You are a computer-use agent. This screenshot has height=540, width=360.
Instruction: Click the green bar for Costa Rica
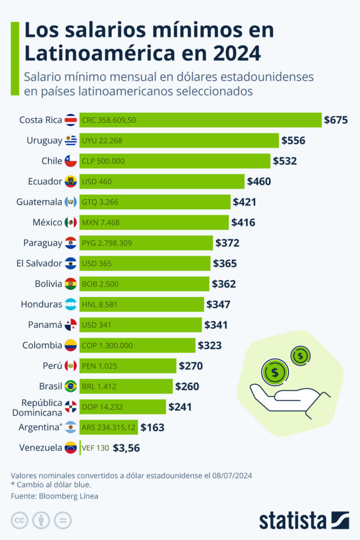(200, 120)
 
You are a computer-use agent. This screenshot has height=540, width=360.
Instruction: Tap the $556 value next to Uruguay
(293, 140)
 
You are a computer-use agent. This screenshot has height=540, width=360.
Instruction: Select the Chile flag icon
(71, 161)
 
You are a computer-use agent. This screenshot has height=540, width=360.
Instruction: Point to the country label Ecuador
(45, 181)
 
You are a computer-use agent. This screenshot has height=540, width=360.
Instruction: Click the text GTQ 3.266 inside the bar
(101, 202)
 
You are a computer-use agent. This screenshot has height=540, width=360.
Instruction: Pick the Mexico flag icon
(71, 223)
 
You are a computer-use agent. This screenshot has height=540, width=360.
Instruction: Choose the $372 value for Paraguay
(227, 243)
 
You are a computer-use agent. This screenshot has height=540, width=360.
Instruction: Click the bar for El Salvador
(145, 263)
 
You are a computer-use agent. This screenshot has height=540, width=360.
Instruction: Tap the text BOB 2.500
(100, 284)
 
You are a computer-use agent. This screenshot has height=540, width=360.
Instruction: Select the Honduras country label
(42, 304)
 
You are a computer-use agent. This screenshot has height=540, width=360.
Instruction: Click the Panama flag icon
(71, 325)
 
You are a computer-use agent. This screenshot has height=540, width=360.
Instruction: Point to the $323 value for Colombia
(209, 345)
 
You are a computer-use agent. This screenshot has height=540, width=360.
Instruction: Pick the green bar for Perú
(128, 366)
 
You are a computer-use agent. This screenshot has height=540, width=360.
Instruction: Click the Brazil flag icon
(71, 387)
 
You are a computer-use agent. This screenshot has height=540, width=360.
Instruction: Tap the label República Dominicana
(37, 407)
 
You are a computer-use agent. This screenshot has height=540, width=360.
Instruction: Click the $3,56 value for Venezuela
(127, 448)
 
